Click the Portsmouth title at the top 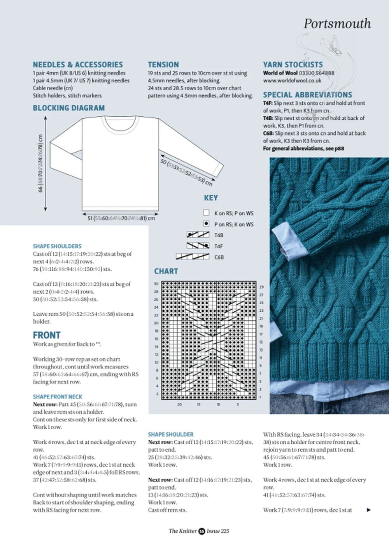(x=337, y=23)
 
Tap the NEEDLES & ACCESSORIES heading (x=78, y=65)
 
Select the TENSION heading (x=163, y=65)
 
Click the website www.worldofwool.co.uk (x=292, y=81)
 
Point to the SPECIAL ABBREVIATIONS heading (x=307, y=95)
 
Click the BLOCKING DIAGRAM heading (x=69, y=108)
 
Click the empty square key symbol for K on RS (x=207, y=213)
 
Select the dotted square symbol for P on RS (x=207, y=224)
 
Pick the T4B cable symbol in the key (x=199, y=235)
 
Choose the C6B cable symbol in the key (x=193, y=257)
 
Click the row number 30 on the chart (x=156, y=284)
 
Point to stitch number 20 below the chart (x=179, y=404)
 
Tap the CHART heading (x=166, y=271)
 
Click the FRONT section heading (x=47, y=335)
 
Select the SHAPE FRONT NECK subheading (x=58, y=397)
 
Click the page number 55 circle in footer (x=202, y=531)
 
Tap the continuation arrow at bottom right (x=369, y=510)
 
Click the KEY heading (x=211, y=198)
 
